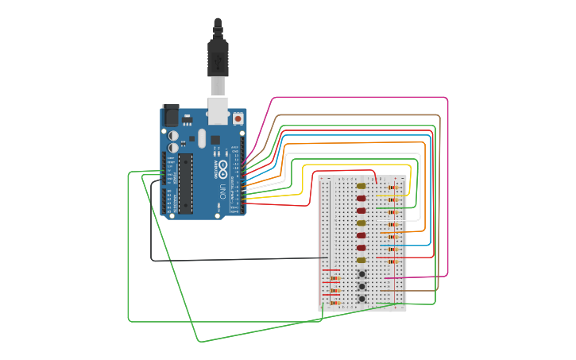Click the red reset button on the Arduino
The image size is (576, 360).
coord(238,118)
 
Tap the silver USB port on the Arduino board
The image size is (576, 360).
coord(218,110)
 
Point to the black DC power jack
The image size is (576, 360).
coord(171,115)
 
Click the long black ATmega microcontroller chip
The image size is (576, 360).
coord(185,184)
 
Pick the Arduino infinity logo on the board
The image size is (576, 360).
coord(222,168)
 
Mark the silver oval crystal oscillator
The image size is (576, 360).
coord(202,138)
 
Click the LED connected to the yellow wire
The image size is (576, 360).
coord(361,186)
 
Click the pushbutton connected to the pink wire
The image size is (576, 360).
coord(362,274)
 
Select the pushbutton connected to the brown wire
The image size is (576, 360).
coord(362,287)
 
